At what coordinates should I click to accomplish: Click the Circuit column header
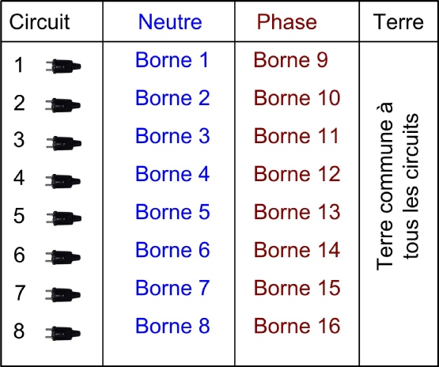pos(40,21)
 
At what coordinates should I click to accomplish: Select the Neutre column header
pos(170,22)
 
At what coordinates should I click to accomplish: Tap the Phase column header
pos(286,22)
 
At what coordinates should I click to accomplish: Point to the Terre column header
pos(398,22)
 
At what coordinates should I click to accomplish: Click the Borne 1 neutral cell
pos(172,59)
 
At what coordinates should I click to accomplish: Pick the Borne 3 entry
pos(172,135)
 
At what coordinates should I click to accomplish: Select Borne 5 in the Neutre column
pos(172,211)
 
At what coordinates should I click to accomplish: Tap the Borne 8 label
pos(172,326)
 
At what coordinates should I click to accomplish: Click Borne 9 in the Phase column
pos(290,59)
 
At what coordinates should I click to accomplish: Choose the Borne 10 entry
pos(297,98)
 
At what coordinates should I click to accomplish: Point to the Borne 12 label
pos(297,173)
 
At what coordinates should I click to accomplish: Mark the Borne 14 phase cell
pos(297,249)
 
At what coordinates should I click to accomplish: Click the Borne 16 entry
pos(297,326)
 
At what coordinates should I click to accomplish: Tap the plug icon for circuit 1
pos(63,66)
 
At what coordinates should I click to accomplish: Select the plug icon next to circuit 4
pos(63,181)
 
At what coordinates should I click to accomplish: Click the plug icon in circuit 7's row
pos(63,295)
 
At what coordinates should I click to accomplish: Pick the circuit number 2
pos(19,103)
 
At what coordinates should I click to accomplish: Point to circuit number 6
pos(19,255)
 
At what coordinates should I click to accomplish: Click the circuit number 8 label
pos(19,331)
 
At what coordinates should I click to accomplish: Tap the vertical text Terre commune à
pos(385,187)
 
